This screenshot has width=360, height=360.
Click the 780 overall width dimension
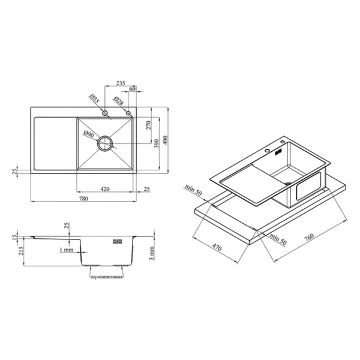point(83,198)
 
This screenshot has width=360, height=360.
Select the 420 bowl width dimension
point(105,189)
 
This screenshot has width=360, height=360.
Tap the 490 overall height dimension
point(166,140)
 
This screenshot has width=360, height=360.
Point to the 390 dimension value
point(157,143)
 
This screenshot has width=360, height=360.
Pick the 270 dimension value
point(149,125)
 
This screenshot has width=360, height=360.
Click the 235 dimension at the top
point(121,83)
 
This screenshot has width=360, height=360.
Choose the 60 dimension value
point(133,89)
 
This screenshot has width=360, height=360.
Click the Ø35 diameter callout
point(94,98)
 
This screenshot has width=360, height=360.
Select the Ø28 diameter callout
point(119,100)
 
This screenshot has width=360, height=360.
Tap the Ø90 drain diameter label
point(89,134)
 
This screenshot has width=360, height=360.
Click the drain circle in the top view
point(105,143)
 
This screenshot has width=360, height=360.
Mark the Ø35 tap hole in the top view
point(105,113)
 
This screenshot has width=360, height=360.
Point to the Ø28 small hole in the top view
point(128,113)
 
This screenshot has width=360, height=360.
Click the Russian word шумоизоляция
point(106,277)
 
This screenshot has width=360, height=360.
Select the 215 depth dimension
point(21,251)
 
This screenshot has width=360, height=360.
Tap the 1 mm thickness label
point(67,250)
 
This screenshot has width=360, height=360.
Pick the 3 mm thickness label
point(152,253)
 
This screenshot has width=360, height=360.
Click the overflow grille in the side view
point(118,241)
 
